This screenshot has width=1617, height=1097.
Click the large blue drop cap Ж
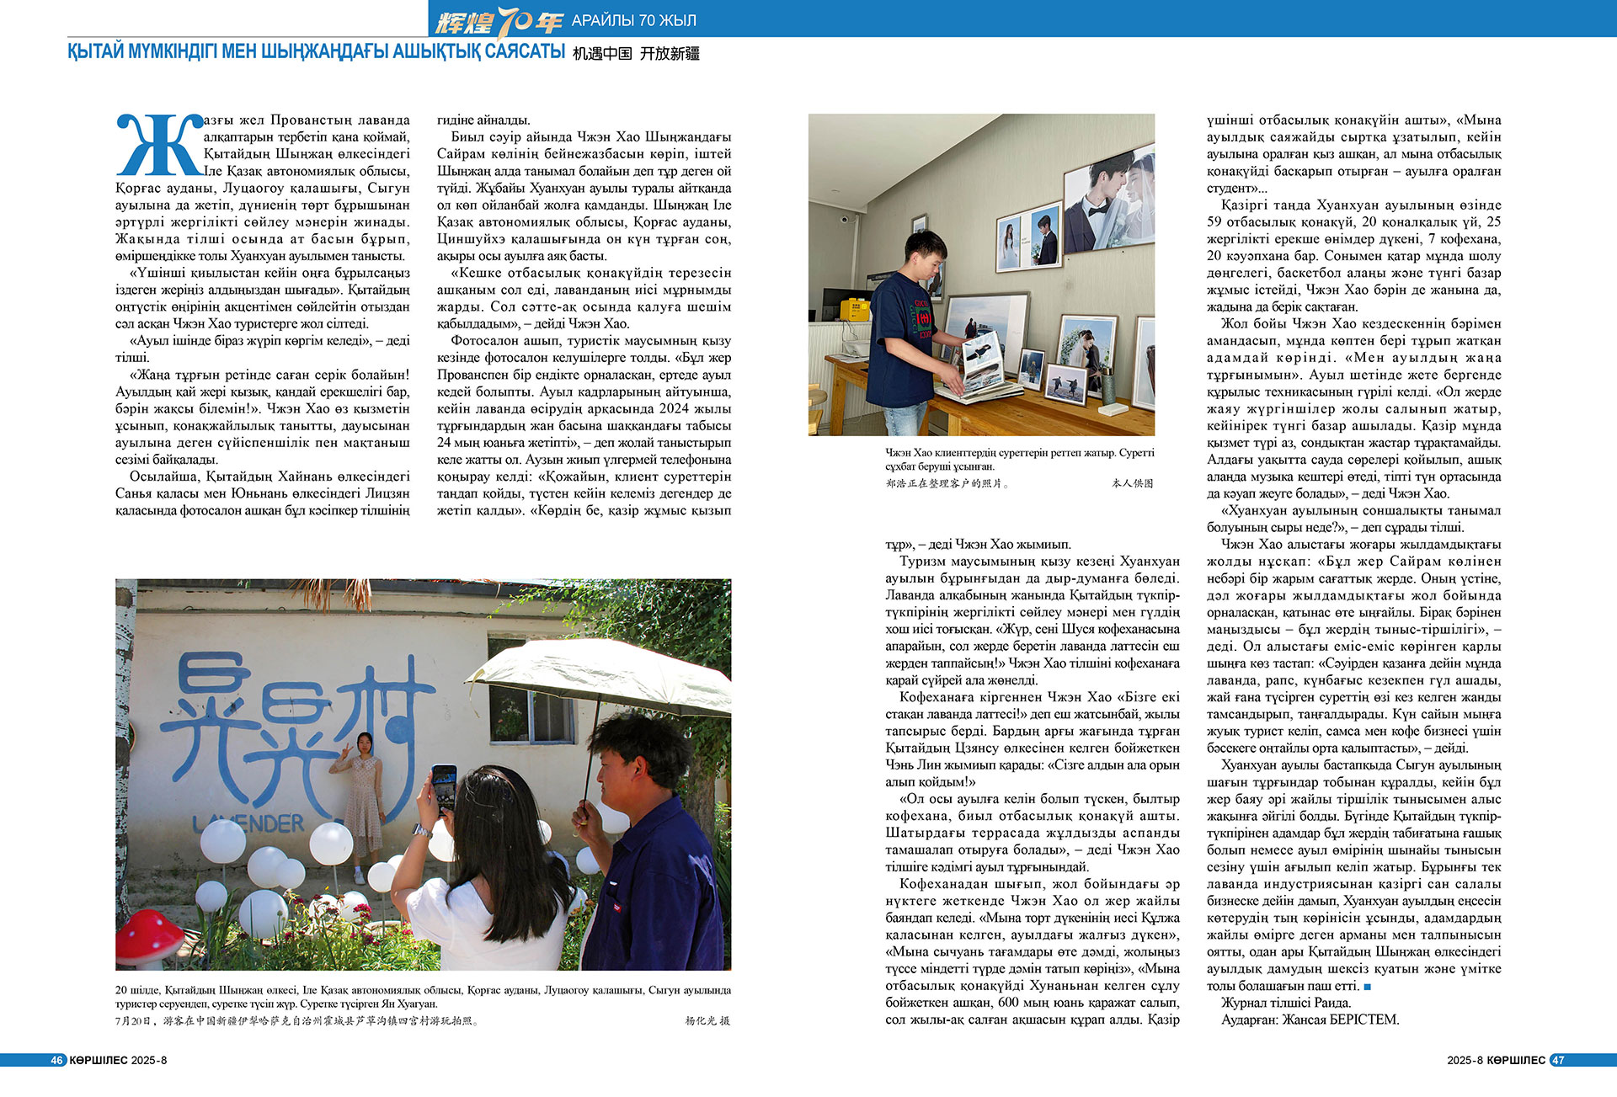(158, 145)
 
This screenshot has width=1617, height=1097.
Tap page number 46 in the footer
(56, 1060)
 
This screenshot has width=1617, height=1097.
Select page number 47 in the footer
(1558, 1060)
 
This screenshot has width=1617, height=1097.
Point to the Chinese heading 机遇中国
(602, 54)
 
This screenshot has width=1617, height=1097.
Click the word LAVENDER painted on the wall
(248, 823)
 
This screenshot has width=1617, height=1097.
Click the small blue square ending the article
(1368, 986)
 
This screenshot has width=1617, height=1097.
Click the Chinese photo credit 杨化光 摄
(707, 1020)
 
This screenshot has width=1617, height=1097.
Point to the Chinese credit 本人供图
(1132, 483)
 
